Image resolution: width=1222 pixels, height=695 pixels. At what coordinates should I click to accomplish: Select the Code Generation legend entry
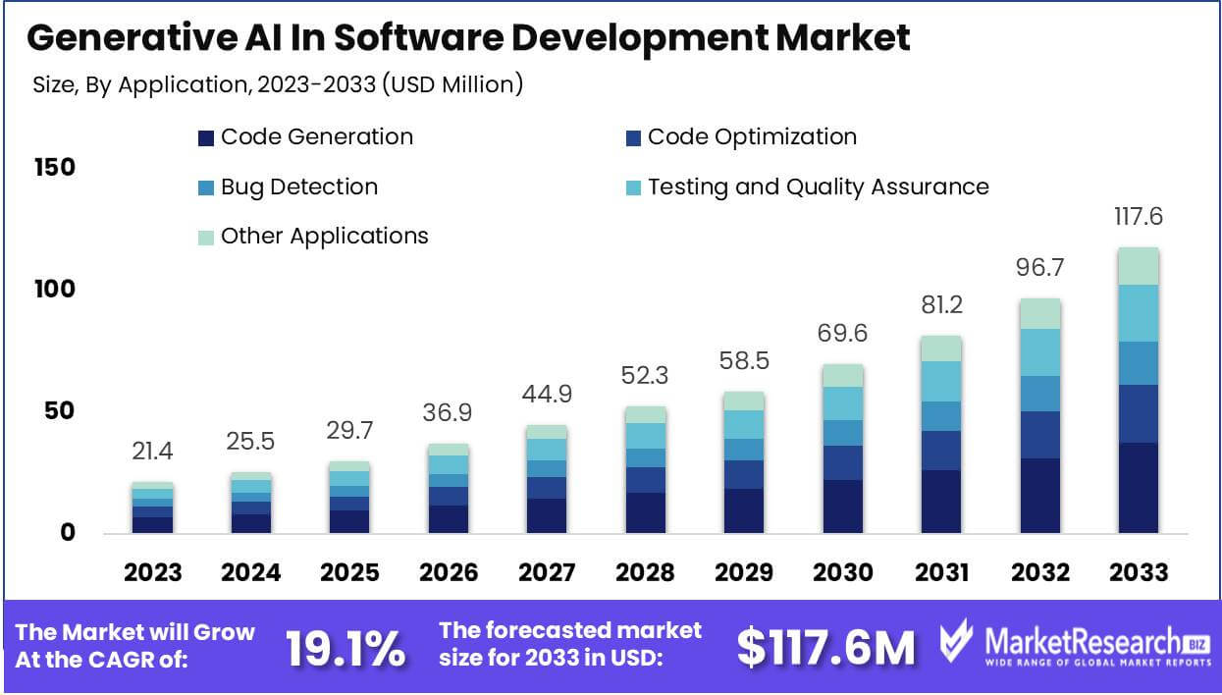point(305,136)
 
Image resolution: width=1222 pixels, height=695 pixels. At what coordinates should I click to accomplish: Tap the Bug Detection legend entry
point(288,187)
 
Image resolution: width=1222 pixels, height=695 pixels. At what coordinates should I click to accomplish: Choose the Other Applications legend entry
point(313,236)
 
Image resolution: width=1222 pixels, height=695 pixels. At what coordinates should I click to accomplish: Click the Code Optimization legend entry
point(740,136)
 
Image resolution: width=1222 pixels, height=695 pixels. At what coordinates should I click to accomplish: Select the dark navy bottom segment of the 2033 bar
point(1138,488)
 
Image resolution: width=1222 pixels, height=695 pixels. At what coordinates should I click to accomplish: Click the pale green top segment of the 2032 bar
point(1040,313)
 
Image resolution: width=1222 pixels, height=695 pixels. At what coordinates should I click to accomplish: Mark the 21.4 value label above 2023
point(153,453)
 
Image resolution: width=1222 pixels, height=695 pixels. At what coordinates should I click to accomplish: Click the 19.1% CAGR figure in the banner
point(345,647)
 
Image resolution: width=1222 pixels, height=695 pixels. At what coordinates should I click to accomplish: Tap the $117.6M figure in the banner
point(825,647)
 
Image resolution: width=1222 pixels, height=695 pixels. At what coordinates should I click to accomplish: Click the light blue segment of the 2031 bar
point(941,381)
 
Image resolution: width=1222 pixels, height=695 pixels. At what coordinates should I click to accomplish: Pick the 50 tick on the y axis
point(59,410)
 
